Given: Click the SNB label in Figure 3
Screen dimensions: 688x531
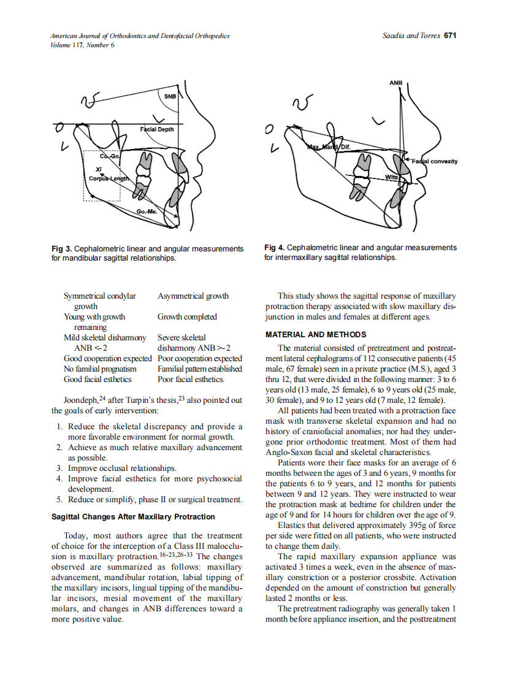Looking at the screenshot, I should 170,97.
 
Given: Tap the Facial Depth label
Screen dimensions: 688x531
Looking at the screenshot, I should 157,129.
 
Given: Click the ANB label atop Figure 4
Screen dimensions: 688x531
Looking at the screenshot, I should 395,82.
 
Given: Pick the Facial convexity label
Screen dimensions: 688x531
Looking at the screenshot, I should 434,161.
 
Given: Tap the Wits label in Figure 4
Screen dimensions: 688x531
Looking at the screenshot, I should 391,177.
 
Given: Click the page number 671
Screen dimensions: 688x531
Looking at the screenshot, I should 451,36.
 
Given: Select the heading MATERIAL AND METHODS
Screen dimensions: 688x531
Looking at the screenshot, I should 316,335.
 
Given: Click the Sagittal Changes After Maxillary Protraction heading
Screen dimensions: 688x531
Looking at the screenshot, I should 133,516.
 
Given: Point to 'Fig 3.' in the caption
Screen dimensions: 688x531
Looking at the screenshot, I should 62,248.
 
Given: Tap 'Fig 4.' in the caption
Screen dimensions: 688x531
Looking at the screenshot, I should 275,247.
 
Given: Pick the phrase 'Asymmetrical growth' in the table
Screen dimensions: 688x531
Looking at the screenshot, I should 193,296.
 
